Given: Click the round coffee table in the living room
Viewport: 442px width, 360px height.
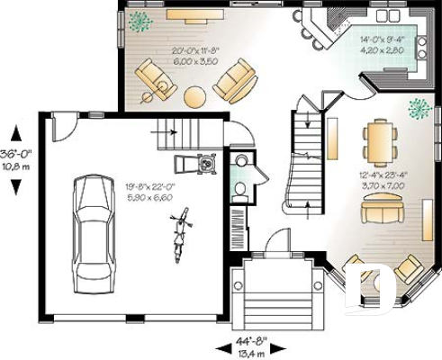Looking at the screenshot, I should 196,95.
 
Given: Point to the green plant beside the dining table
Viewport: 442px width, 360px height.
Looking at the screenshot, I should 419,109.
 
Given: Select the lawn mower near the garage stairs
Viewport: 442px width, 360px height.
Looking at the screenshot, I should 207,164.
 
